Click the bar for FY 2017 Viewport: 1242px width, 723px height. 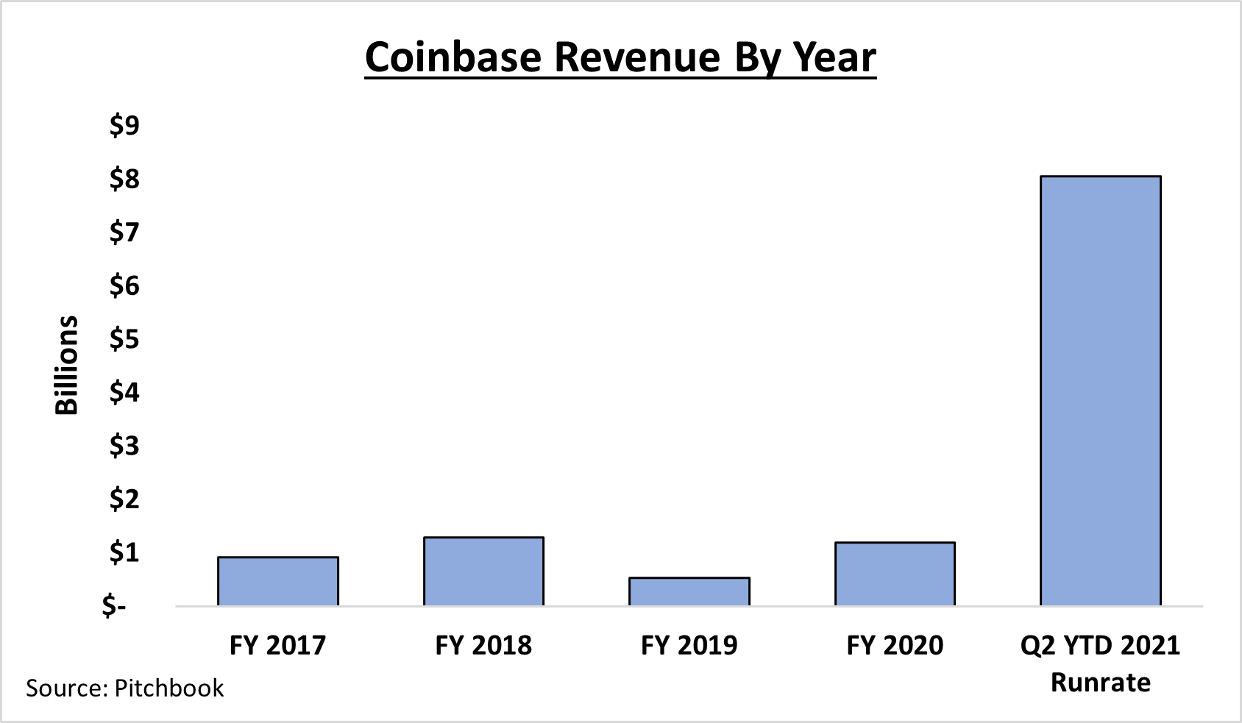point(278,581)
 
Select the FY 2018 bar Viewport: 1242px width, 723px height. point(483,571)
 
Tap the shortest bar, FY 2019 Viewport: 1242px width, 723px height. point(689,591)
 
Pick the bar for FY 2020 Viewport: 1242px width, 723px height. point(895,574)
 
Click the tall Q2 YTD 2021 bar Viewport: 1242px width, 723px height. point(1100,390)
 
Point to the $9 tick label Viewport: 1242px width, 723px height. point(124,125)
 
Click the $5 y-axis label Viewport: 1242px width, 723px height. point(124,339)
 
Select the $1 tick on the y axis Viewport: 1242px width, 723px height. point(124,552)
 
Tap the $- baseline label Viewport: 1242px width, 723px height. point(115,606)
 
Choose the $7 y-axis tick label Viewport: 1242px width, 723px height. point(124,232)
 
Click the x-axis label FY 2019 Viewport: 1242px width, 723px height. point(689,645)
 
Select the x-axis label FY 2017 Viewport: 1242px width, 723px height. point(277,645)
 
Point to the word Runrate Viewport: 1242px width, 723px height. point(1100,683)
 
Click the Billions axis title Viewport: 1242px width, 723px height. point(67,366)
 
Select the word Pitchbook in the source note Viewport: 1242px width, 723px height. point(169,688)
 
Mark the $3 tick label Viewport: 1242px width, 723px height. point(124,446)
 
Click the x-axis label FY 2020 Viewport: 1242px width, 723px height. point(895,645)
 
